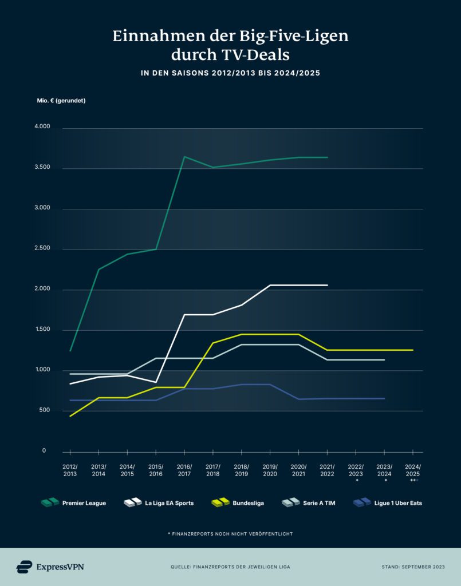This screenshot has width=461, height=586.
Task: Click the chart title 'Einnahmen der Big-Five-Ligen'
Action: pyautogui.click(x=230, y=37)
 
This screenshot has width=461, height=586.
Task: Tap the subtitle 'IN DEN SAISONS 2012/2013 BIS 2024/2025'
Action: pyautogui.click(x=230, y=73)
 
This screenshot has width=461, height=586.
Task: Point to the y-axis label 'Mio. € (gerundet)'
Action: pyautogui.click(x=61, y=101)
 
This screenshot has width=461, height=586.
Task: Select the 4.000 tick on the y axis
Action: pyautogui.click(x=43, y=127)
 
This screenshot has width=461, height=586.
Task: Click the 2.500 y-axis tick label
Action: pyautogui.click(x=43, y=249)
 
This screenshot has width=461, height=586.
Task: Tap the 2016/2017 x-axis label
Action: pyautogui.click(x=184, y=470)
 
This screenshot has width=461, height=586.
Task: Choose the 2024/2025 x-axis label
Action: pyautogui.click(x=413, y=470)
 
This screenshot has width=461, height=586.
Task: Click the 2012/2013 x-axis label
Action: pyautogui.click(x=70, y=470)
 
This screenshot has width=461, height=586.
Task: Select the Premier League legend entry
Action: pyautogui.click(x=73, y=503)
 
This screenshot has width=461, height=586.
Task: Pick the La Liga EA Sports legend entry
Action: pyautogui.click(x=159, y=503)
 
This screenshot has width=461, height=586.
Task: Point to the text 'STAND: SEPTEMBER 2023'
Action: pyautogui.click(x=413, y=567)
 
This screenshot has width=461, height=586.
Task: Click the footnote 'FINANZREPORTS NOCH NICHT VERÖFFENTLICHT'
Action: pyautogui.click(x=230, y=533)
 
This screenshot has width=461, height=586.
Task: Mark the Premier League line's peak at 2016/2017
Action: pyautogui.click(x=184, y=156)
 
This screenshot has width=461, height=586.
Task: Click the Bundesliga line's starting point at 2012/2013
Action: pyautogui.click(x=70, y=416)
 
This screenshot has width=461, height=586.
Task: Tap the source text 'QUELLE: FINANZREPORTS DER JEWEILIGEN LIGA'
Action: pyautogui.click(x=230, y=567)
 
